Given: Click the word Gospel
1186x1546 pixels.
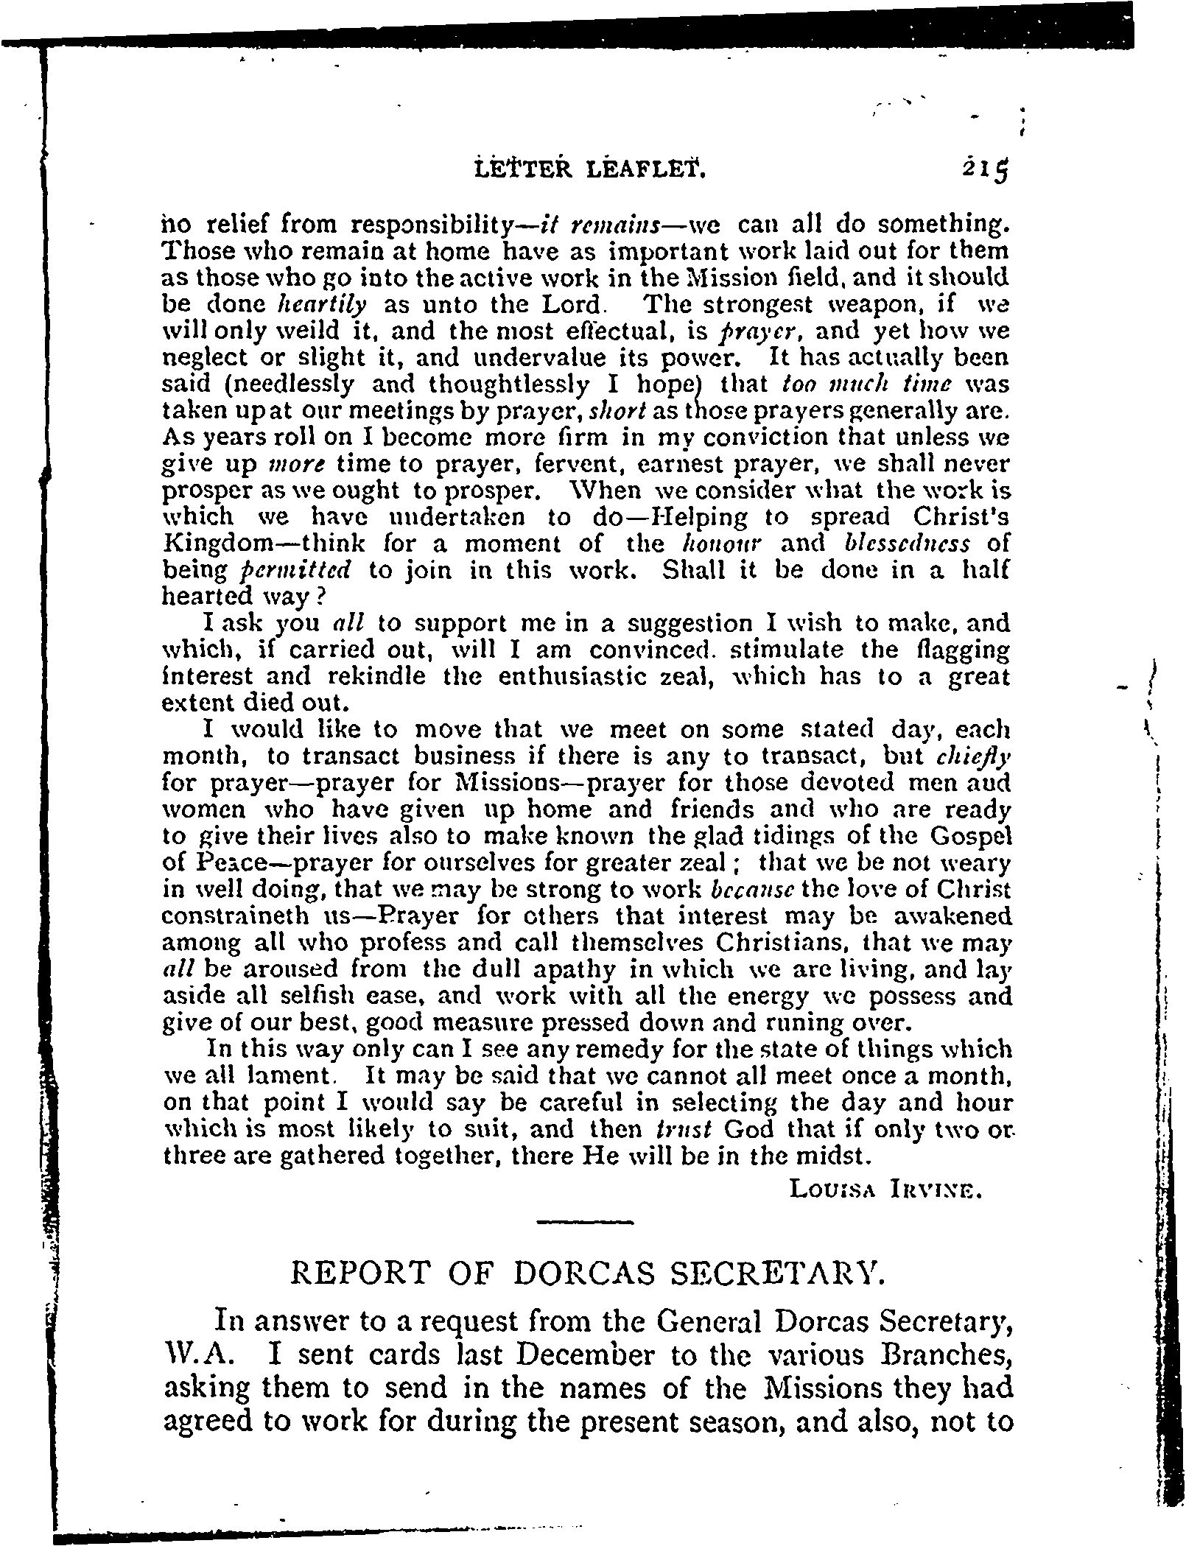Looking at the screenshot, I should click(970, 837).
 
